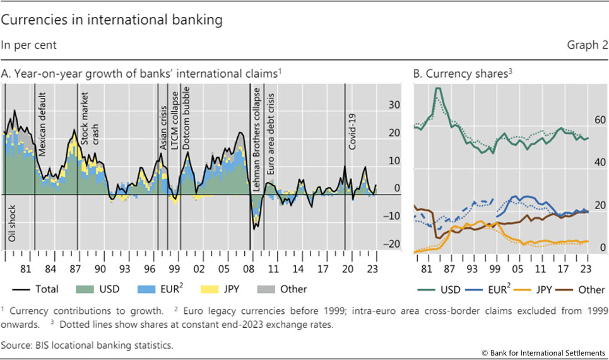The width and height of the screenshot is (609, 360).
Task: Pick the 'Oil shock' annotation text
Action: [12, 224]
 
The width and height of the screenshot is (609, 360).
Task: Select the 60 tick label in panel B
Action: [600, 120]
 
